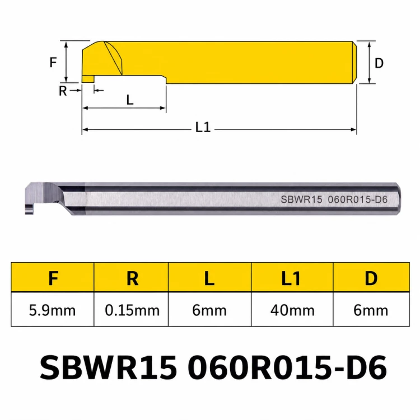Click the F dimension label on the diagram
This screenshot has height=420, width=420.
53,62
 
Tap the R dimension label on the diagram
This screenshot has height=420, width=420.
63,91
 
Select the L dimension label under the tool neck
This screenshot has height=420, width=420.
130,100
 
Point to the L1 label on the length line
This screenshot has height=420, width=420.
203,128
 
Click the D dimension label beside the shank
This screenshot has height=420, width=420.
379,63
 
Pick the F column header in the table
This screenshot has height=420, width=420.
53,278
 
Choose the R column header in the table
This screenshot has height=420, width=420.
132,278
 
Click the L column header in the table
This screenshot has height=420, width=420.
209,278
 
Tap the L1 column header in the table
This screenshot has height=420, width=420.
291,278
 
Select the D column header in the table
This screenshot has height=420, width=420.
371,278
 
